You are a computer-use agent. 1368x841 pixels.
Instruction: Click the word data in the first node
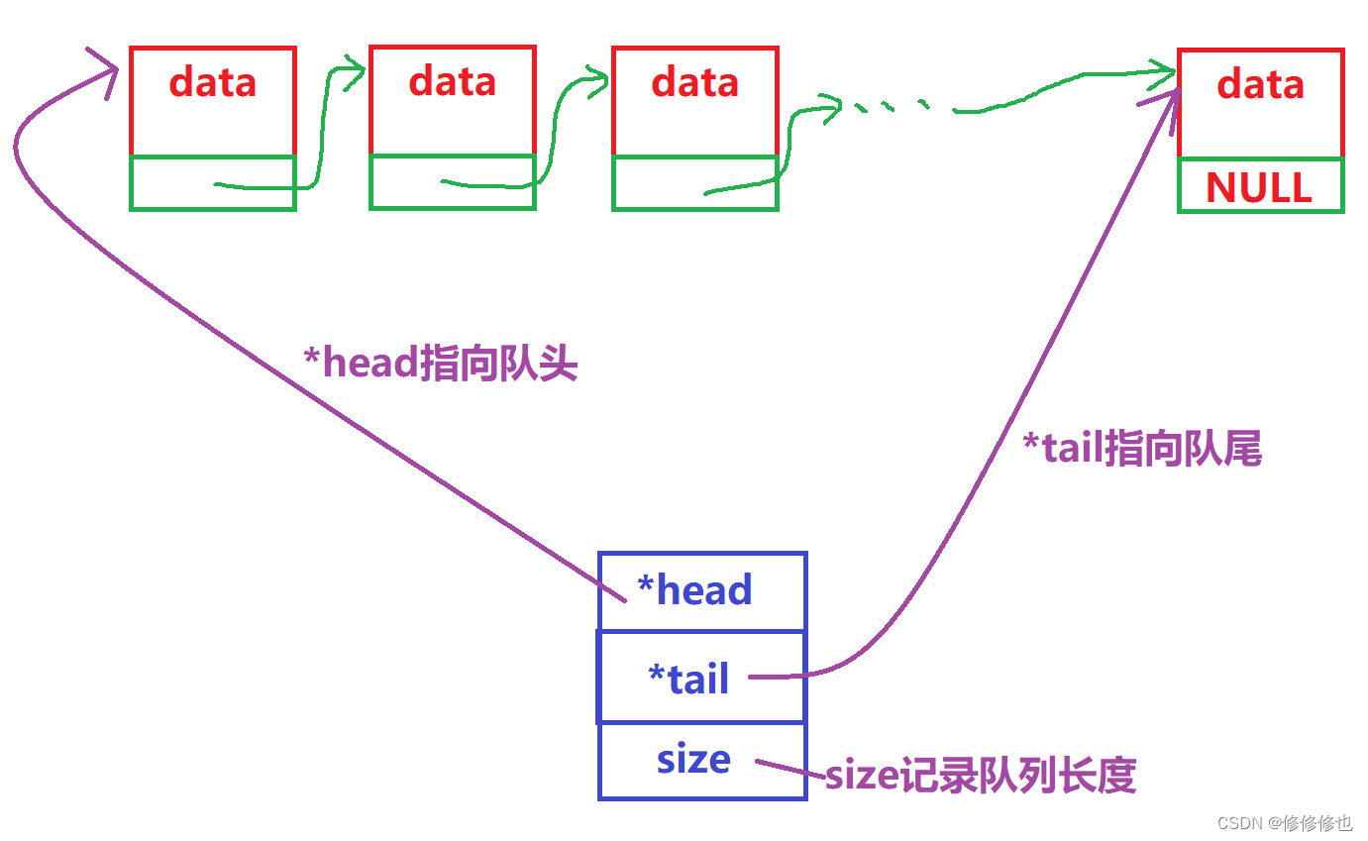point(213,82)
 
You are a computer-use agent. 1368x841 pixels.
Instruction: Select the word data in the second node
point(453,81)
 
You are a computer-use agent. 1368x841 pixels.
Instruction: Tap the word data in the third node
point(694,82)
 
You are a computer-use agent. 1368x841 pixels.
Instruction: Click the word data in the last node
point(1261,84)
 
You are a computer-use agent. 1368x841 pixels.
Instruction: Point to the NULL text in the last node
point(1259,187)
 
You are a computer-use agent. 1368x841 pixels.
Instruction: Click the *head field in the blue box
point(695,591)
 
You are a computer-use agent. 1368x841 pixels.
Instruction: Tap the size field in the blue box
point(693,760)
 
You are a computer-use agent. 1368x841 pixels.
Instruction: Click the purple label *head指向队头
point(440,365)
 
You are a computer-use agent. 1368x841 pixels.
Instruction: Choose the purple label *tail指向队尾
point(1141,451)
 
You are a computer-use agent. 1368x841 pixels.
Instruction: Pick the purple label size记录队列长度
point(981,776)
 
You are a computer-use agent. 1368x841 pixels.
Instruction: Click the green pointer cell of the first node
point(213,183)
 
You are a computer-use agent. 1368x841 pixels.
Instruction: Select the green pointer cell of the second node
point(453,182)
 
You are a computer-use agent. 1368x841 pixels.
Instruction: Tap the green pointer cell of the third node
point(694,183)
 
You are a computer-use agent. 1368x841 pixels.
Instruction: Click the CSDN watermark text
point(1284,823)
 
